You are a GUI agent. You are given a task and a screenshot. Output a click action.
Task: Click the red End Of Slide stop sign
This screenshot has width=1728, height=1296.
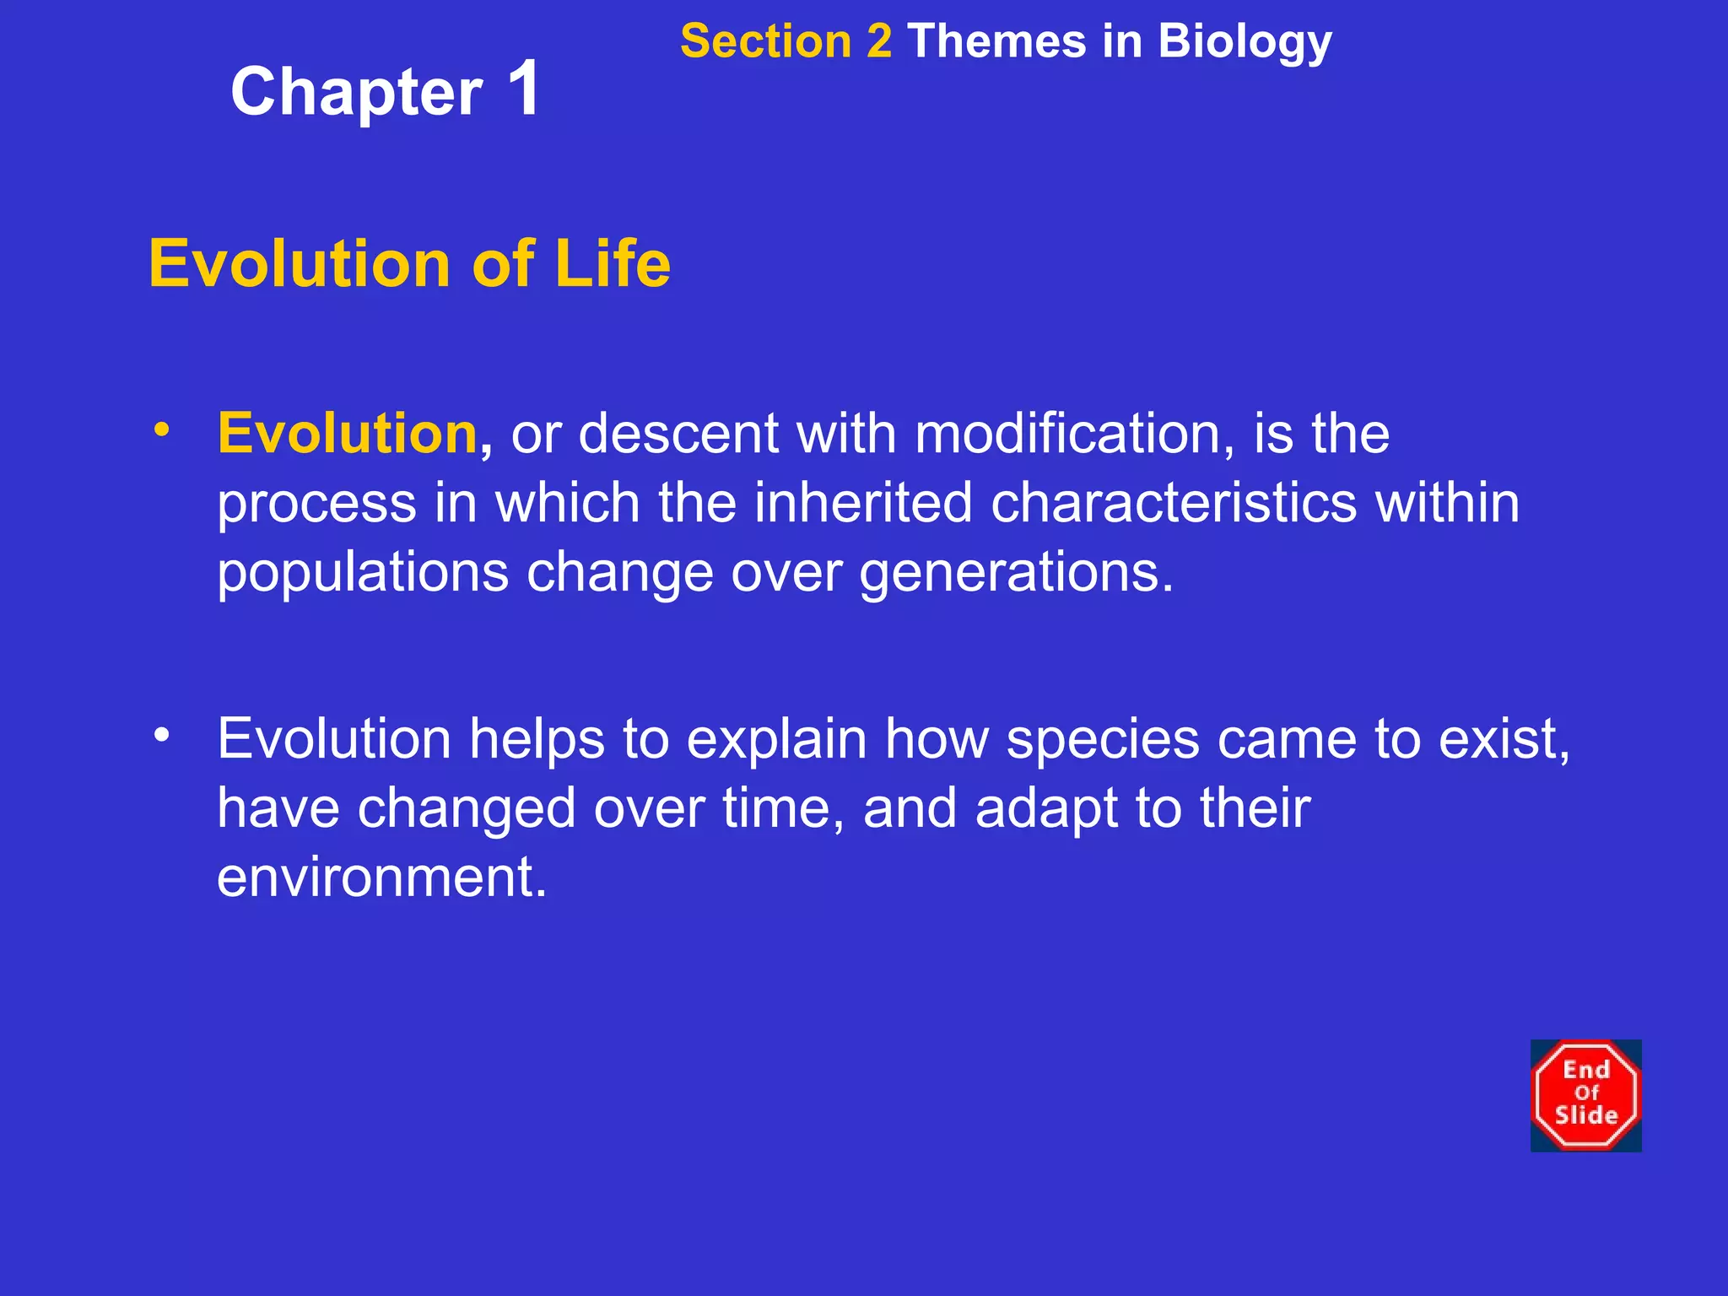(1585, 1095)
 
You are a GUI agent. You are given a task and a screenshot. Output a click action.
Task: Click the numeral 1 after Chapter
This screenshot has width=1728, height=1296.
(524, 89)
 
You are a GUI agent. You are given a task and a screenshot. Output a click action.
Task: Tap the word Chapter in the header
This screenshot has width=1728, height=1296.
(357, 93)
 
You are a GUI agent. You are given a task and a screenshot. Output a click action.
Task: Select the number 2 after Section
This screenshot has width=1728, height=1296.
(878, 41)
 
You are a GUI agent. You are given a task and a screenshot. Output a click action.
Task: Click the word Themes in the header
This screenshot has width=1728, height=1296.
(996, 41)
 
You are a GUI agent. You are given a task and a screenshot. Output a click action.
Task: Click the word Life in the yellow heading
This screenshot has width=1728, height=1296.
(612, 263)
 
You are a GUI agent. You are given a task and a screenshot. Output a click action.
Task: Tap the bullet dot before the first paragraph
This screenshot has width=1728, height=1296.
(162, 429)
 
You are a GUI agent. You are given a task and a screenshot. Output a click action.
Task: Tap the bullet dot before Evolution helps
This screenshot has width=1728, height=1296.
(162, 735)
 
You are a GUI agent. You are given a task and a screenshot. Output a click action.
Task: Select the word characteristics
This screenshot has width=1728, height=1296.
(1174, 503)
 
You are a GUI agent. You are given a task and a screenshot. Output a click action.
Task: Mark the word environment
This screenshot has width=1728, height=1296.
(381, 877)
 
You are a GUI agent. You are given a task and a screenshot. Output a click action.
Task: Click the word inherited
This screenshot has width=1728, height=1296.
(863, 503)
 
